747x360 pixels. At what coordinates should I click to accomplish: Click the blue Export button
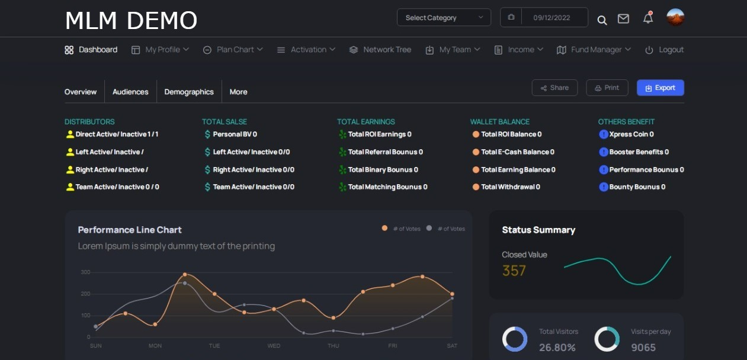pos(661,88)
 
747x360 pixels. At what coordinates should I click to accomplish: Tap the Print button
pos(607,88)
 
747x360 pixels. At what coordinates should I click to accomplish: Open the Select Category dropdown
pos(444,17)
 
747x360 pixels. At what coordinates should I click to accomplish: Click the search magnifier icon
pos(602,20)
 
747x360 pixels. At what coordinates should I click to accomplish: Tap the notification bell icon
pos(648,18)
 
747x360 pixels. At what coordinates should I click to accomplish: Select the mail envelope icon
pos(623,19)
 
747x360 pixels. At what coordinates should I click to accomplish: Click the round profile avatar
pos(675,17)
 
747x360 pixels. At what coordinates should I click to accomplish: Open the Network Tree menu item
pos(380,50)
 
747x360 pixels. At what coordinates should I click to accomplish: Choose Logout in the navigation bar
pos(664,50)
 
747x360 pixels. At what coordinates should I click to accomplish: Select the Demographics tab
pos(189,92)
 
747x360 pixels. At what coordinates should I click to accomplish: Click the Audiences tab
pos(130,92)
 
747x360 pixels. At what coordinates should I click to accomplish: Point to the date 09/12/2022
pos(552,18)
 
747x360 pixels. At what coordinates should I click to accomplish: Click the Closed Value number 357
pos(514,271)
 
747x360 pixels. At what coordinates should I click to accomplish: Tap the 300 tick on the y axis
pos(85,272)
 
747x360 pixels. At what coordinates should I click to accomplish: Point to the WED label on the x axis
pos(274,346)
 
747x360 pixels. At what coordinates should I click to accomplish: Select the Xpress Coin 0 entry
pos(627,134)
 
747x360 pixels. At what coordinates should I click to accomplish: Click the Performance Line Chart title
pos(130,230)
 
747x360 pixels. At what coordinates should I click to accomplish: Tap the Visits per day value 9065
pos(643,348)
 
